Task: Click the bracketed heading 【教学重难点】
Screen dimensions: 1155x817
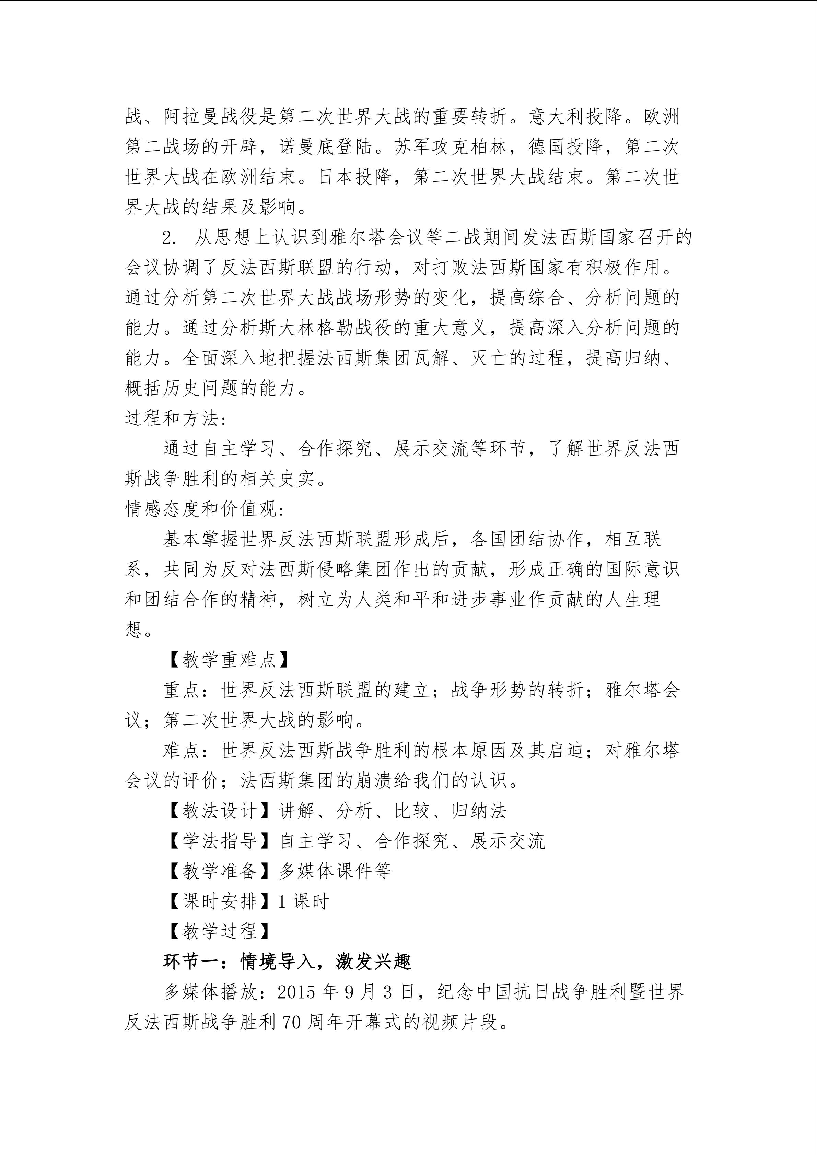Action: click(x=229, y=660)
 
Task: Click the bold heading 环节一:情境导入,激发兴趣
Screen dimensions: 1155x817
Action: click(x=287, y=962)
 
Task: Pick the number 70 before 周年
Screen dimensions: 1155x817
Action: click(x=292, y=1022)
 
